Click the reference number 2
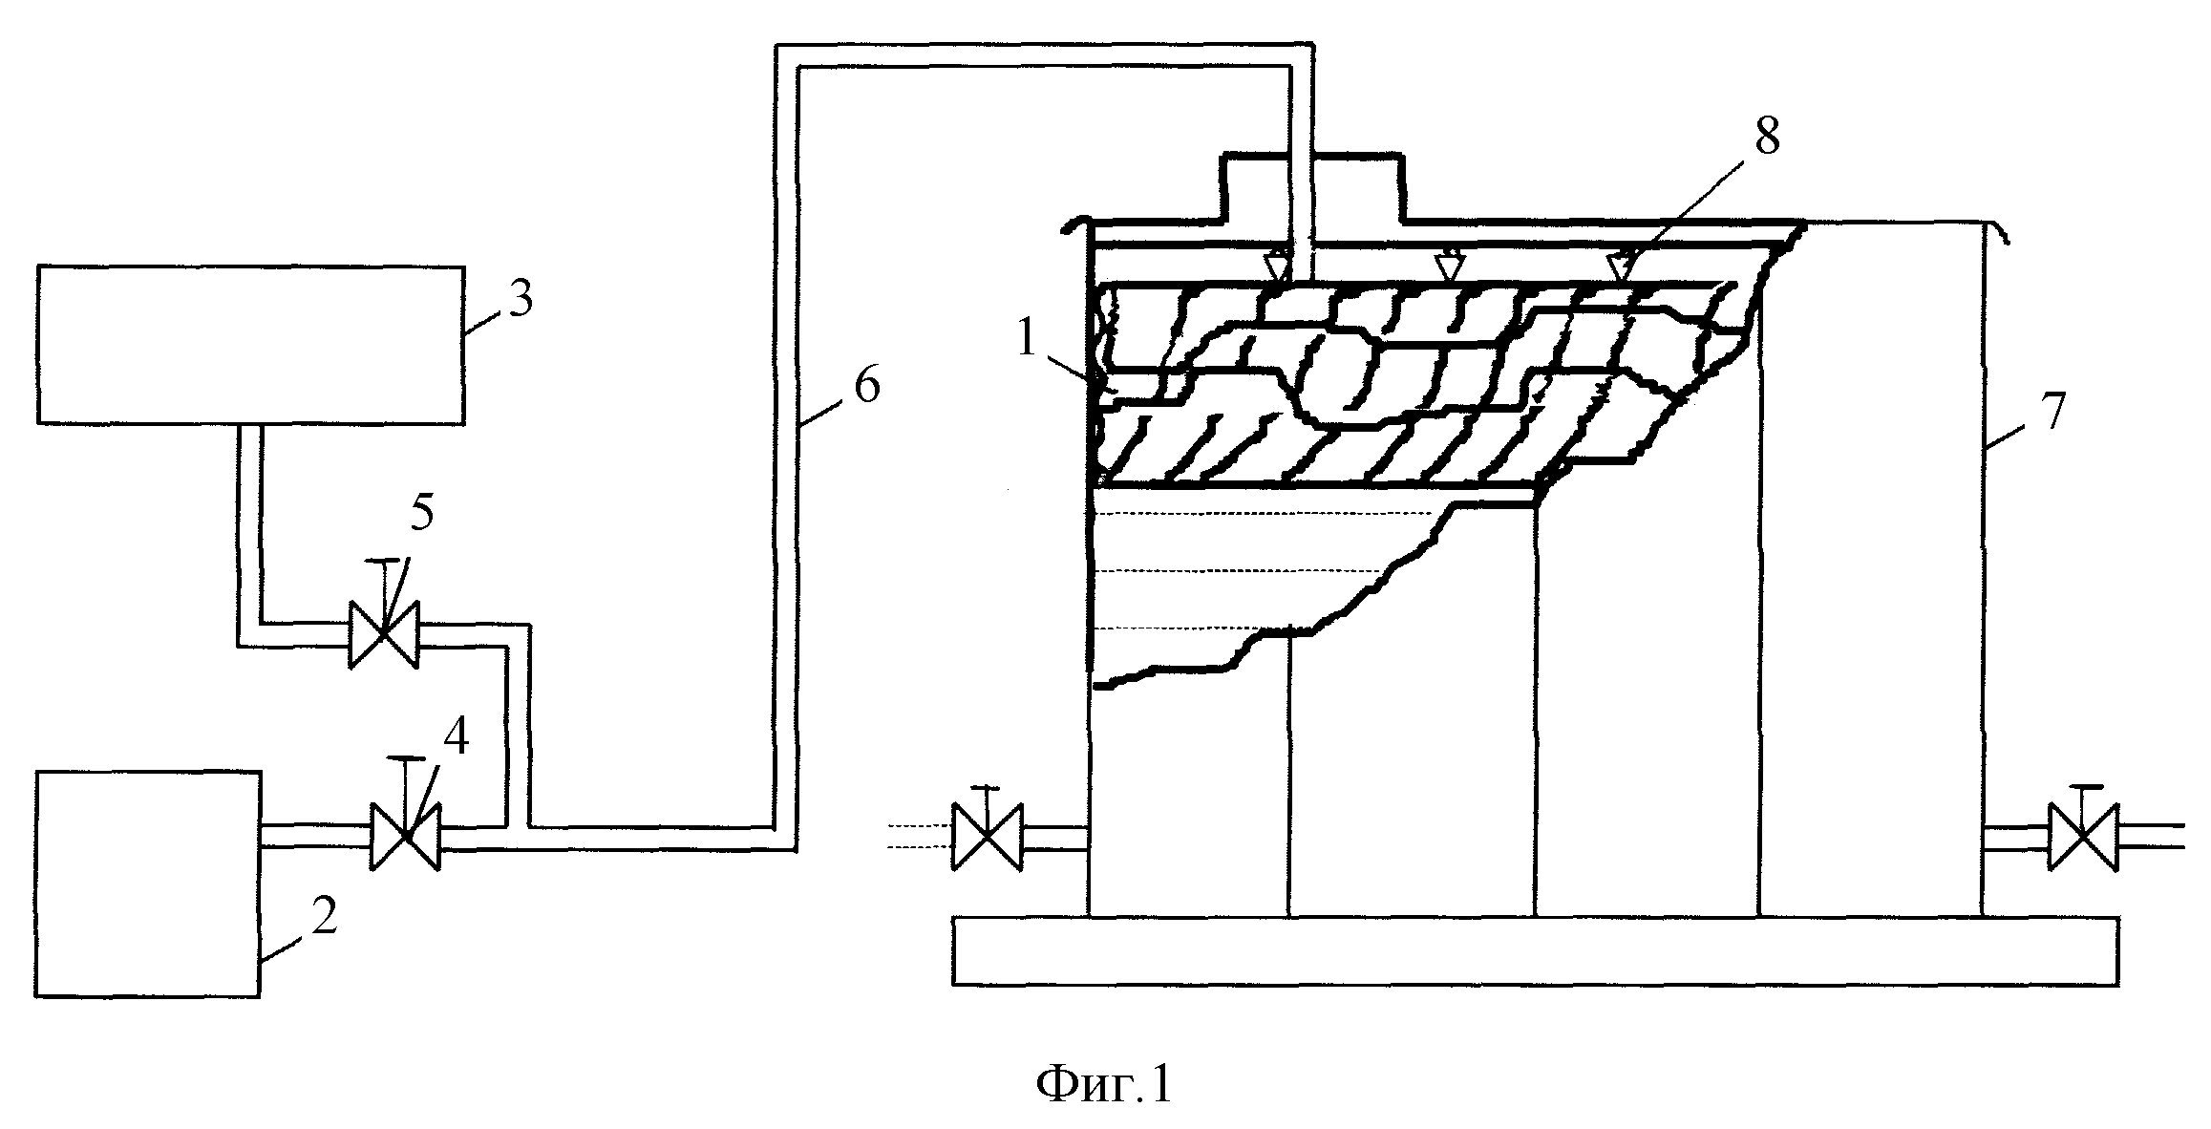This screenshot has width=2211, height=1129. [324, 917]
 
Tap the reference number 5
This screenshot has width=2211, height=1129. [422, 514]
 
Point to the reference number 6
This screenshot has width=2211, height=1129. [865, 386]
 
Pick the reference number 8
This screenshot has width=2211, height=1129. [1766, 138]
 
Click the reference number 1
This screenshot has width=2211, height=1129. [1027, 338]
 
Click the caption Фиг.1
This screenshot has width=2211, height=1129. [1104, 1086]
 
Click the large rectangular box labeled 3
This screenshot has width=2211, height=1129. [251, 344]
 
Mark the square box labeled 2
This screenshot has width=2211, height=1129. [148, 884]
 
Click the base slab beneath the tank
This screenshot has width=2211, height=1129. [1536, 950]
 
